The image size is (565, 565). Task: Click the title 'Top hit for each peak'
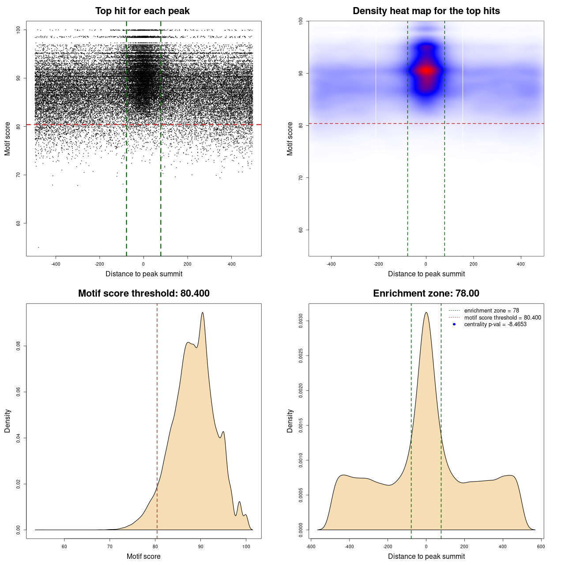142,11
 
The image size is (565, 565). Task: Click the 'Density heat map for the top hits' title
426,11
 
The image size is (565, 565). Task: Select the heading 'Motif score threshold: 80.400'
143,294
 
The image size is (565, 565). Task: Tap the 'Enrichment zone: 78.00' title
426,294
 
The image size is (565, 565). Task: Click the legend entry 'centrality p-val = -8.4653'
495,324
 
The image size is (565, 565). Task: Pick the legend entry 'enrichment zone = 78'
491,311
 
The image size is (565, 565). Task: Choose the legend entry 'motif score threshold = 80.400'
502,318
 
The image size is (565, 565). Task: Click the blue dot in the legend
454,324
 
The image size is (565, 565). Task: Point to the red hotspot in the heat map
426,70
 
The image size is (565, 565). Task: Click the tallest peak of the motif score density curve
203,313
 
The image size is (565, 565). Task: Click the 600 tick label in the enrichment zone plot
541,546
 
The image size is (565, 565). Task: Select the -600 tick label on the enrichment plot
311,546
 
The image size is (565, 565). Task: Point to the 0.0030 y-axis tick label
301,321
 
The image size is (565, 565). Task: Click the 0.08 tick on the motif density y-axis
18,346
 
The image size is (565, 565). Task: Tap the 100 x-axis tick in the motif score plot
246,546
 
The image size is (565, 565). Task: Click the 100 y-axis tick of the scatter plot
18,30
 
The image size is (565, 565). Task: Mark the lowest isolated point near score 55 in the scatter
38,247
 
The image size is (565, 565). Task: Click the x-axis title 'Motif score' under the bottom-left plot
143,556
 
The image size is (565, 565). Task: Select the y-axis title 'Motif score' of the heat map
290,139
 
